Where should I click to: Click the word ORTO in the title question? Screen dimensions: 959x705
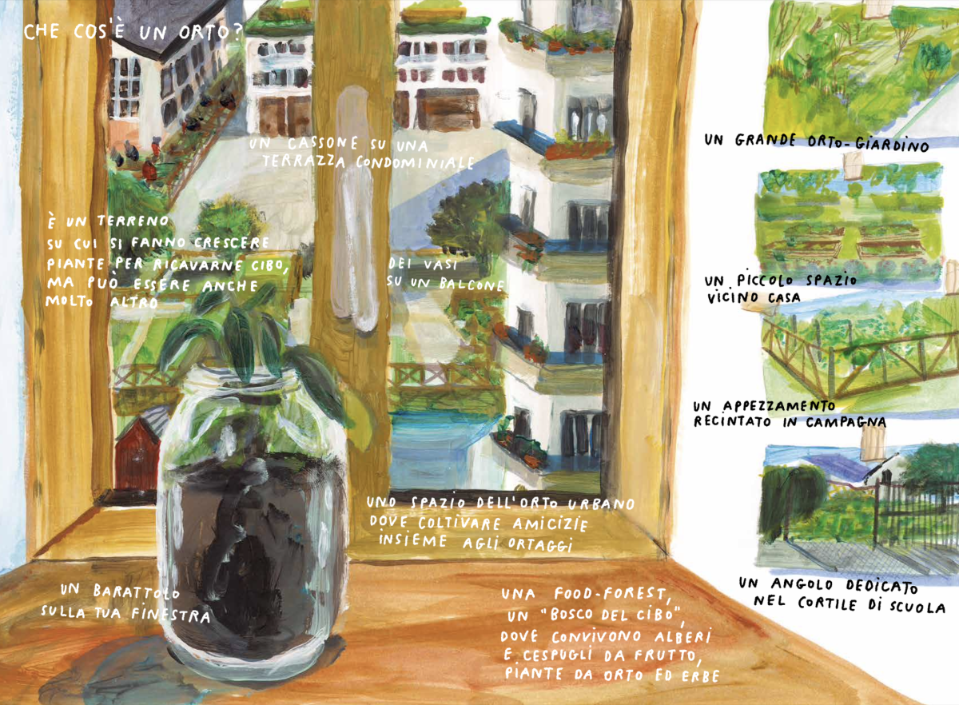[205, 33]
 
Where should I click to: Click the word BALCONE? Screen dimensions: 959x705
[472, 284]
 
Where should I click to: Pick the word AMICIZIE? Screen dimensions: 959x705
[550, 524]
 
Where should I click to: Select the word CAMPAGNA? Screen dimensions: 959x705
[846, 422]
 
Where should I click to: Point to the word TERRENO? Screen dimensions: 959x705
[133, 221]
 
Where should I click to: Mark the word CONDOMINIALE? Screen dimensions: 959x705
[415, 162]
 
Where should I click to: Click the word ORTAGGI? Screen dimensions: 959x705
[540, 544]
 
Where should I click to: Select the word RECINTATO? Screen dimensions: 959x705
[732, 420]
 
